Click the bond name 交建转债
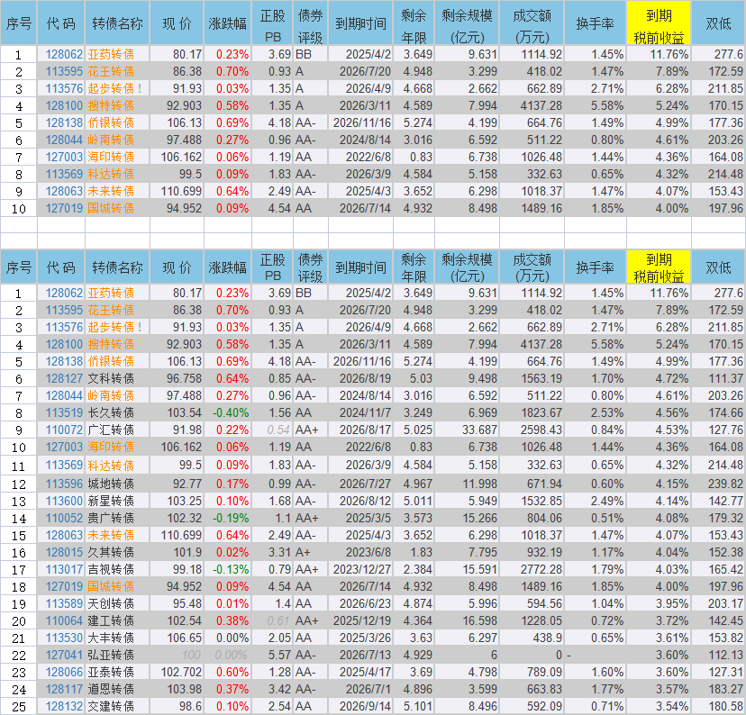point(111,706)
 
